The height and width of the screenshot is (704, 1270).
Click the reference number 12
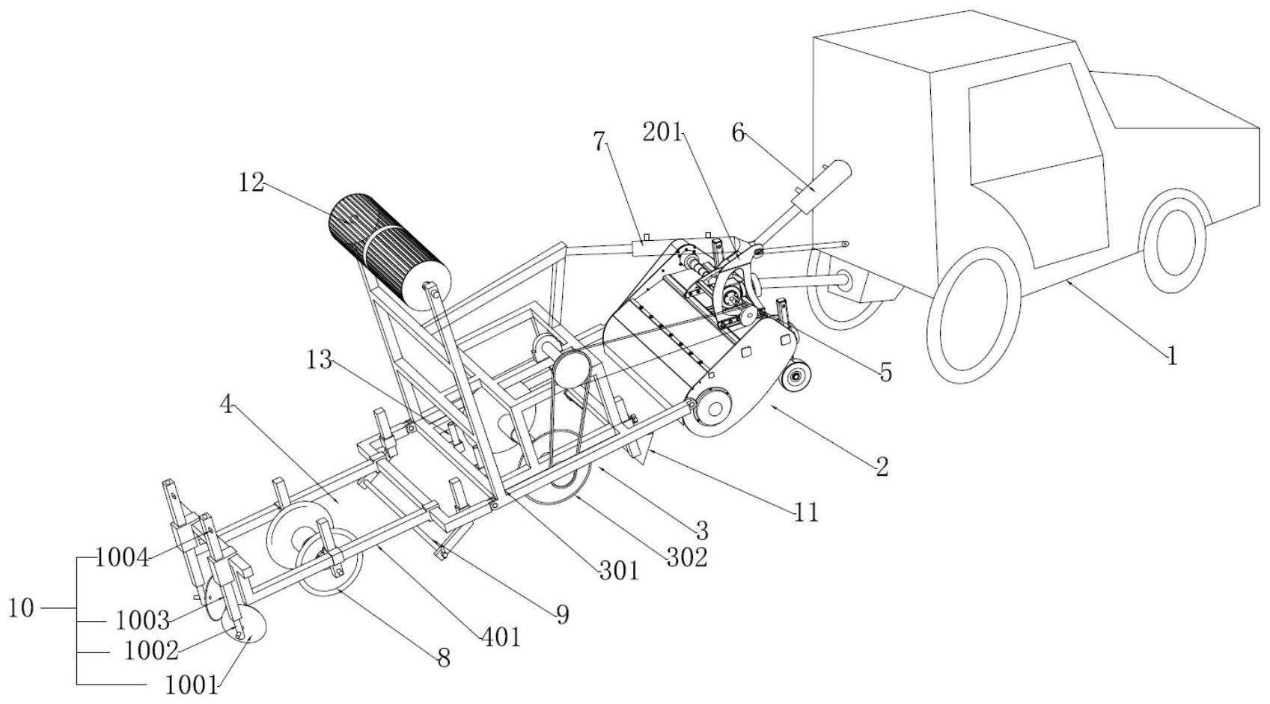(251, 182)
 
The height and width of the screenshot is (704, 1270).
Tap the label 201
(662, 132)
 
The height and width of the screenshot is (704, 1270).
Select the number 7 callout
(600, 141)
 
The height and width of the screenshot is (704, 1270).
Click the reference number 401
(501, 637)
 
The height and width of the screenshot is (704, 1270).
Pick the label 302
(686, 558)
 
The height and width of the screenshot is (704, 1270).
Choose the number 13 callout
(320, 359)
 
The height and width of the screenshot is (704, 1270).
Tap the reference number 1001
(191, 686)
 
